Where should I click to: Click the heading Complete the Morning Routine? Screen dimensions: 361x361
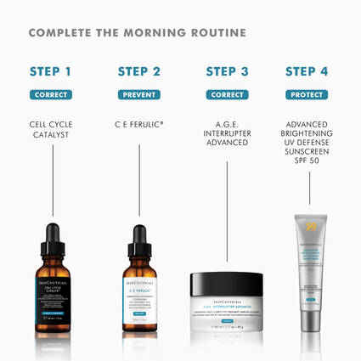[137, 33]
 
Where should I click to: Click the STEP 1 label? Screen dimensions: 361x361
[50, 71]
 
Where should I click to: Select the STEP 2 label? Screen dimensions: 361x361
[139, 71]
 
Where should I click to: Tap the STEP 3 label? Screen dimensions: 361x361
[227, 71]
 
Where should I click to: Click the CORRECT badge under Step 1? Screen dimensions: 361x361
[50, 94]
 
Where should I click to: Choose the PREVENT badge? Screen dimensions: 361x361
[139, 94]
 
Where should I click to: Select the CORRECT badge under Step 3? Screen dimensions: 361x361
[227, 94]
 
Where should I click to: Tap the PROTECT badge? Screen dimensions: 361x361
[307, 94]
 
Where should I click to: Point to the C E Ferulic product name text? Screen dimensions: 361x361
[139, 124]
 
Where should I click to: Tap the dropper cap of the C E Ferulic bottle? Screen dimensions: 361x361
[139, 238]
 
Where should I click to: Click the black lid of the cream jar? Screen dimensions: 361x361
[227, 282]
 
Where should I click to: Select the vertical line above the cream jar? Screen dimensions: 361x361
[227, 212]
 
